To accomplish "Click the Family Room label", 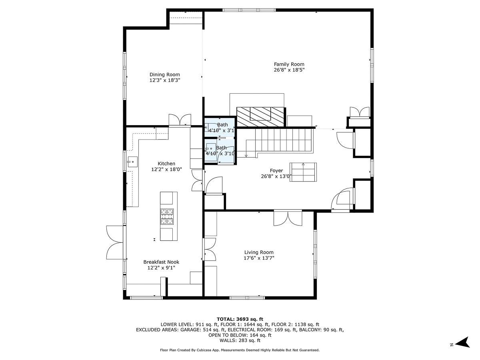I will point(289,64).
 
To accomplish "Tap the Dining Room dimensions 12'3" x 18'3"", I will point(164,80).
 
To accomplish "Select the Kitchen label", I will point(166,164).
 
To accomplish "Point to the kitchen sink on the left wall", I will point(132,162).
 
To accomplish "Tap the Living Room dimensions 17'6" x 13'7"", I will point(259,258).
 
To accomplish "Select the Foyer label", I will point(276,170).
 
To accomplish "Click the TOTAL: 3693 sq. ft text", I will point(240,319).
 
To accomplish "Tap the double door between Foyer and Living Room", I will point(288,218).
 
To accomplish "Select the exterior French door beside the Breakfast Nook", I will point(115,242).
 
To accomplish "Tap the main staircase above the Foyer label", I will point(284,142).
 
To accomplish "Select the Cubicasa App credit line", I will point(240,350).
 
